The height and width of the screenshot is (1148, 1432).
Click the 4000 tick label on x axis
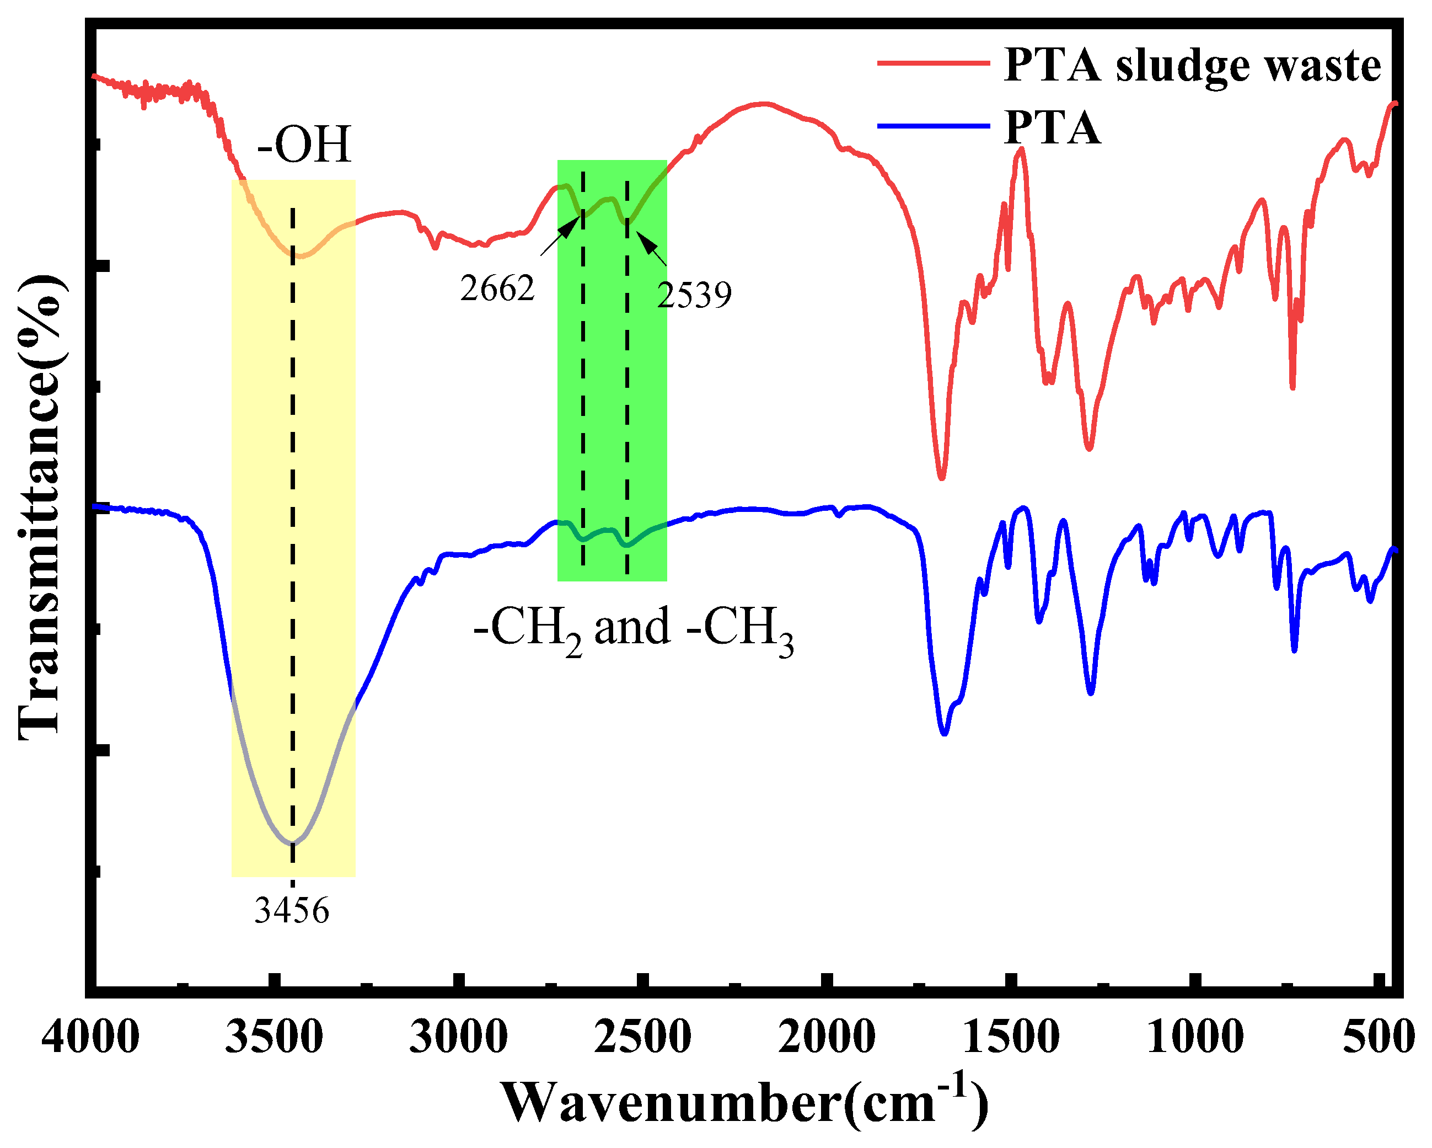tap(90, 1037)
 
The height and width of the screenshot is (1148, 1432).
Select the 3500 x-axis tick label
tap(274, 1037)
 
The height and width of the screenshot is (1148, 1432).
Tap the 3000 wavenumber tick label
tap(458, 1037)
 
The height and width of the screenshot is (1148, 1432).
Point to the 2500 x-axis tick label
tap(642, 1037)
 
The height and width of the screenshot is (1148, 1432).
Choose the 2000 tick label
tap(826, 1037)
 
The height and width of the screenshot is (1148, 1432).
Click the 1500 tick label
tap(1010, 1037)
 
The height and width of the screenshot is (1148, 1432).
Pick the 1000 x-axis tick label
tap(1195, 1037)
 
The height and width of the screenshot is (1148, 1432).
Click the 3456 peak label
tap(292, 910)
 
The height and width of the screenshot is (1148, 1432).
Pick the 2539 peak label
tap(694, 294)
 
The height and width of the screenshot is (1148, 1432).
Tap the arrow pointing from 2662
tap(560, 236)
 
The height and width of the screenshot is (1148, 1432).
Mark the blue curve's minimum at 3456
tap(292, 843)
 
